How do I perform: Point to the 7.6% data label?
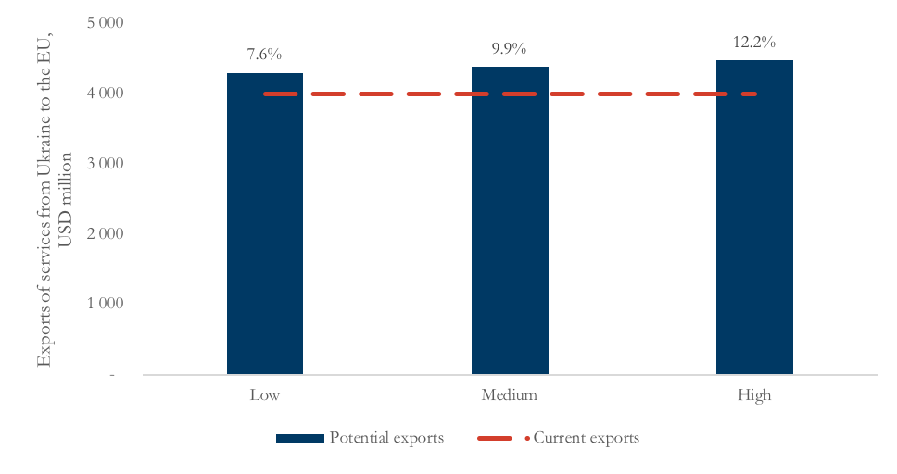[264, 55]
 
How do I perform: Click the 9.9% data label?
[509, 48]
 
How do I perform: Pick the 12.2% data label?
[753, 42]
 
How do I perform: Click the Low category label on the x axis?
[264, 396]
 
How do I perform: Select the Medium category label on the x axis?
[509, 396]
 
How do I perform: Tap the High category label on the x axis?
[754, 396]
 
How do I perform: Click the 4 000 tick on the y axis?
[106, 94]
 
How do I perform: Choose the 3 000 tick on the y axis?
[106, 164]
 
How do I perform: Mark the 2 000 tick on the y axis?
[106, 234]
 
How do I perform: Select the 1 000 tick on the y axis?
[106, 304]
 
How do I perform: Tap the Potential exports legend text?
[386, 438]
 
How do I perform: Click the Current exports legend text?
[586, 438]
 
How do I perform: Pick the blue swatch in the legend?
[299, 438]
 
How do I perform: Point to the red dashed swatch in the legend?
[501, 438]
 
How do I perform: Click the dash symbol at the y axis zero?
[112, 375]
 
